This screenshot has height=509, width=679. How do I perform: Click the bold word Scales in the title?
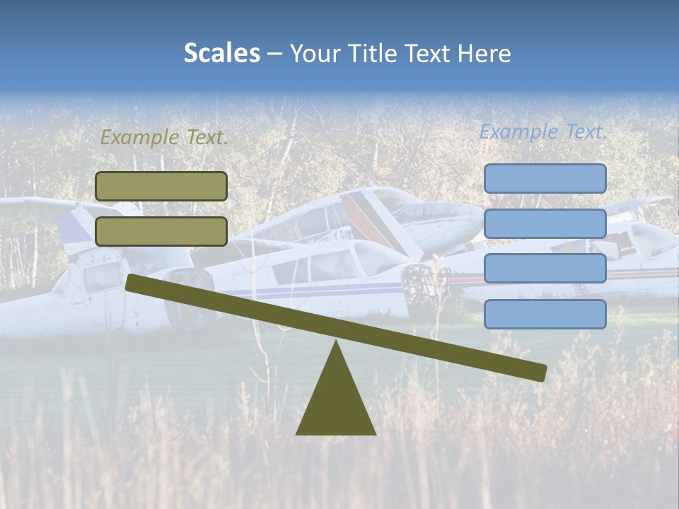click(221, 54)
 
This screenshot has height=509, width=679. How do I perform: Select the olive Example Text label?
click(164, 138)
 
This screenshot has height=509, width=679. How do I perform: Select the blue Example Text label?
click(543, 131)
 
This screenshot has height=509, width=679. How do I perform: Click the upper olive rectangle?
click(161, 186)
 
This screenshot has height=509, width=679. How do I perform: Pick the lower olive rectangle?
click(161, 231)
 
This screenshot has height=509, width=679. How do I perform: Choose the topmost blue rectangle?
click(545, 178)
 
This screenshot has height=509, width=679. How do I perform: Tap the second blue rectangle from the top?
click(545, 223)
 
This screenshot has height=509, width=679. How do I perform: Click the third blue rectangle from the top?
click(545, 268)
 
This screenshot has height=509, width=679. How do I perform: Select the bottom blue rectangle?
click(545, 314)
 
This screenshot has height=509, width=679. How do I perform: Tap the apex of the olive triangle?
click(336, 344)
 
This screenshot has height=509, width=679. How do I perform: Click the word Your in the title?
click(313, 54)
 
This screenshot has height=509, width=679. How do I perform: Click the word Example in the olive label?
click(139, 138)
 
